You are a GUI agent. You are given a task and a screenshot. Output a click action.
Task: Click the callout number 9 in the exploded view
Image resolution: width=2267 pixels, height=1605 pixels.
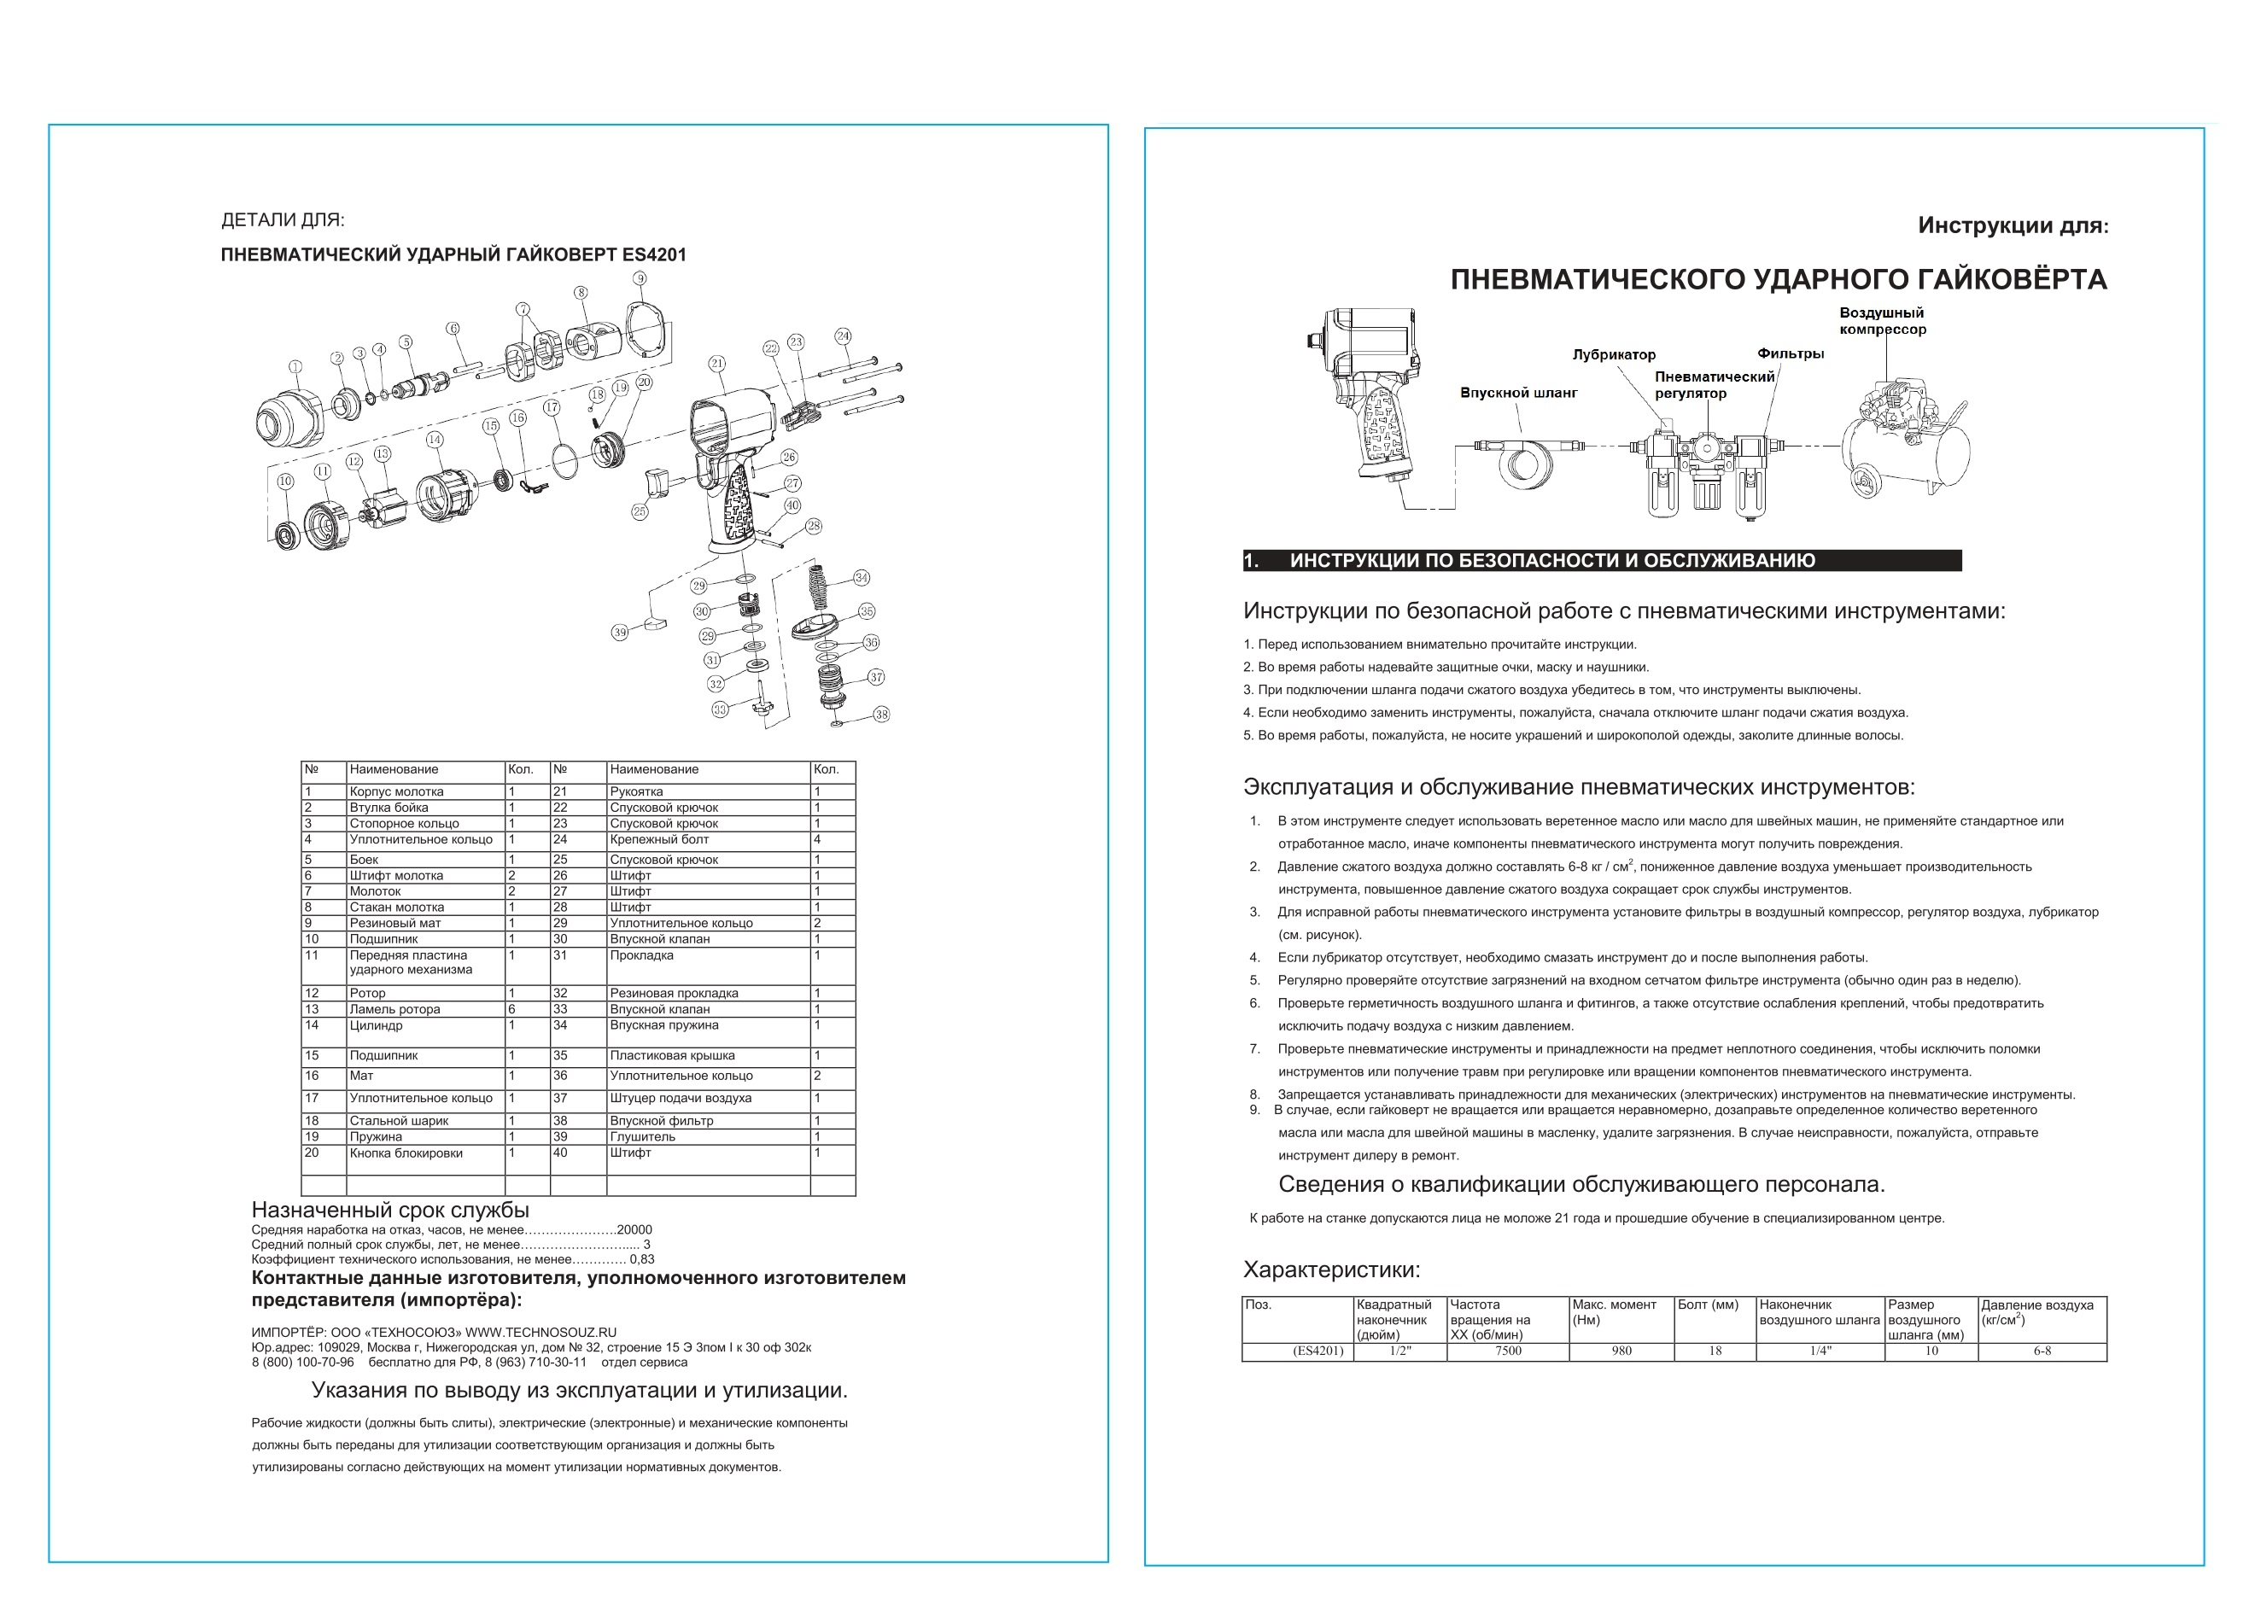click(x=640, y=278)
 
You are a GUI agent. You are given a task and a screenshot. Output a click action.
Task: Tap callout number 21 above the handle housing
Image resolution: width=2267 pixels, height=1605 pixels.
click(x=717, y=364)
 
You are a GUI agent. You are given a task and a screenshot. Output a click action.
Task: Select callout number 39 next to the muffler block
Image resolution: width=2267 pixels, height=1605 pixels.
click(x=620, y=633)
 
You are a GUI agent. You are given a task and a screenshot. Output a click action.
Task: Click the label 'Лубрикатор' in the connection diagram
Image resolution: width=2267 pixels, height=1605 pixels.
click(x=1614, y=355)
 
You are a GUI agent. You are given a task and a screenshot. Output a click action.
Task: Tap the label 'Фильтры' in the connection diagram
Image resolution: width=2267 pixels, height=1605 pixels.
click(x=1790, y=353)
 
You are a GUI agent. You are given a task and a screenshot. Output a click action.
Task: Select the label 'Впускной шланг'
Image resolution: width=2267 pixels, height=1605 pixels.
click(x=1518, y=394)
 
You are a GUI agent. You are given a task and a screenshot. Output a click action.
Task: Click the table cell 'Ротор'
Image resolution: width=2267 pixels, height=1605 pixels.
click(x=368, y=993)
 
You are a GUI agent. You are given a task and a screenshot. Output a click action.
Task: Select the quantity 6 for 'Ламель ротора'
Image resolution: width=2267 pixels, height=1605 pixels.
click(x=512, y=1009)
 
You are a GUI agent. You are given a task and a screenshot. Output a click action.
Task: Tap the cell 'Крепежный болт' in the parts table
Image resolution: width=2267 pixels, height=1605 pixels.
click(x=659, y=839)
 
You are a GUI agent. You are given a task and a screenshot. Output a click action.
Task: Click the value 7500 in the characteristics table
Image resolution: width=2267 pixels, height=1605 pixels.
click(x=1507, y=1351)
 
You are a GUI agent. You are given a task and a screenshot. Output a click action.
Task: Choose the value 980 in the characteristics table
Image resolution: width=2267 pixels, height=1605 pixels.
click(x=1621, y=1351)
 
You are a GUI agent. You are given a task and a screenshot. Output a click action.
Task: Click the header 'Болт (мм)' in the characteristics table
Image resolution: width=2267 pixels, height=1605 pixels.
click(x=1707, y=1304)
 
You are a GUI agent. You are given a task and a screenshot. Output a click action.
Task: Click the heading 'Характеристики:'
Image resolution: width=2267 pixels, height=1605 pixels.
click(x=1330, y=1270)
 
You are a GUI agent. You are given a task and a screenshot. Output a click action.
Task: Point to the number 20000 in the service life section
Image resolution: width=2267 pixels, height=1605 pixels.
click(x=634, y=1230)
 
